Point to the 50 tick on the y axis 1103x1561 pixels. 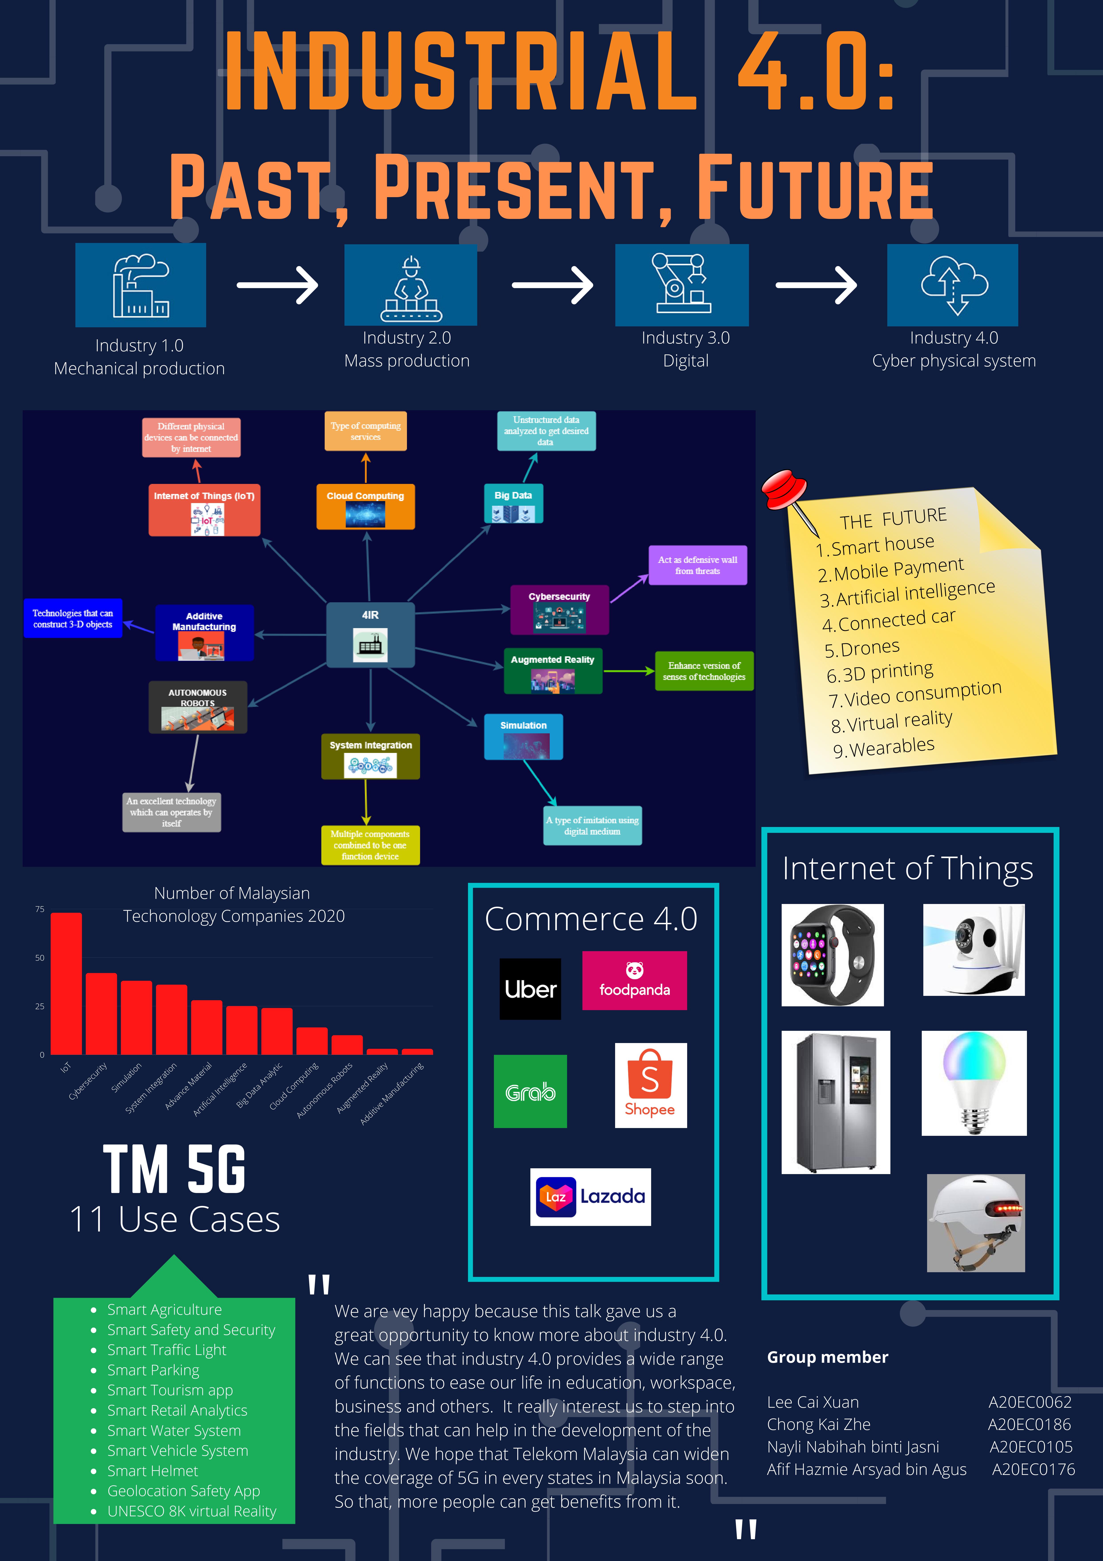(x=39, y=958)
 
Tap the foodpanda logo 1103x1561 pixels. (x=634, y=980)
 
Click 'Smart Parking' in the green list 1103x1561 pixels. (x=154, y=1370)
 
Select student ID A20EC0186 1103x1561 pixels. (x=1029, y=1424)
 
